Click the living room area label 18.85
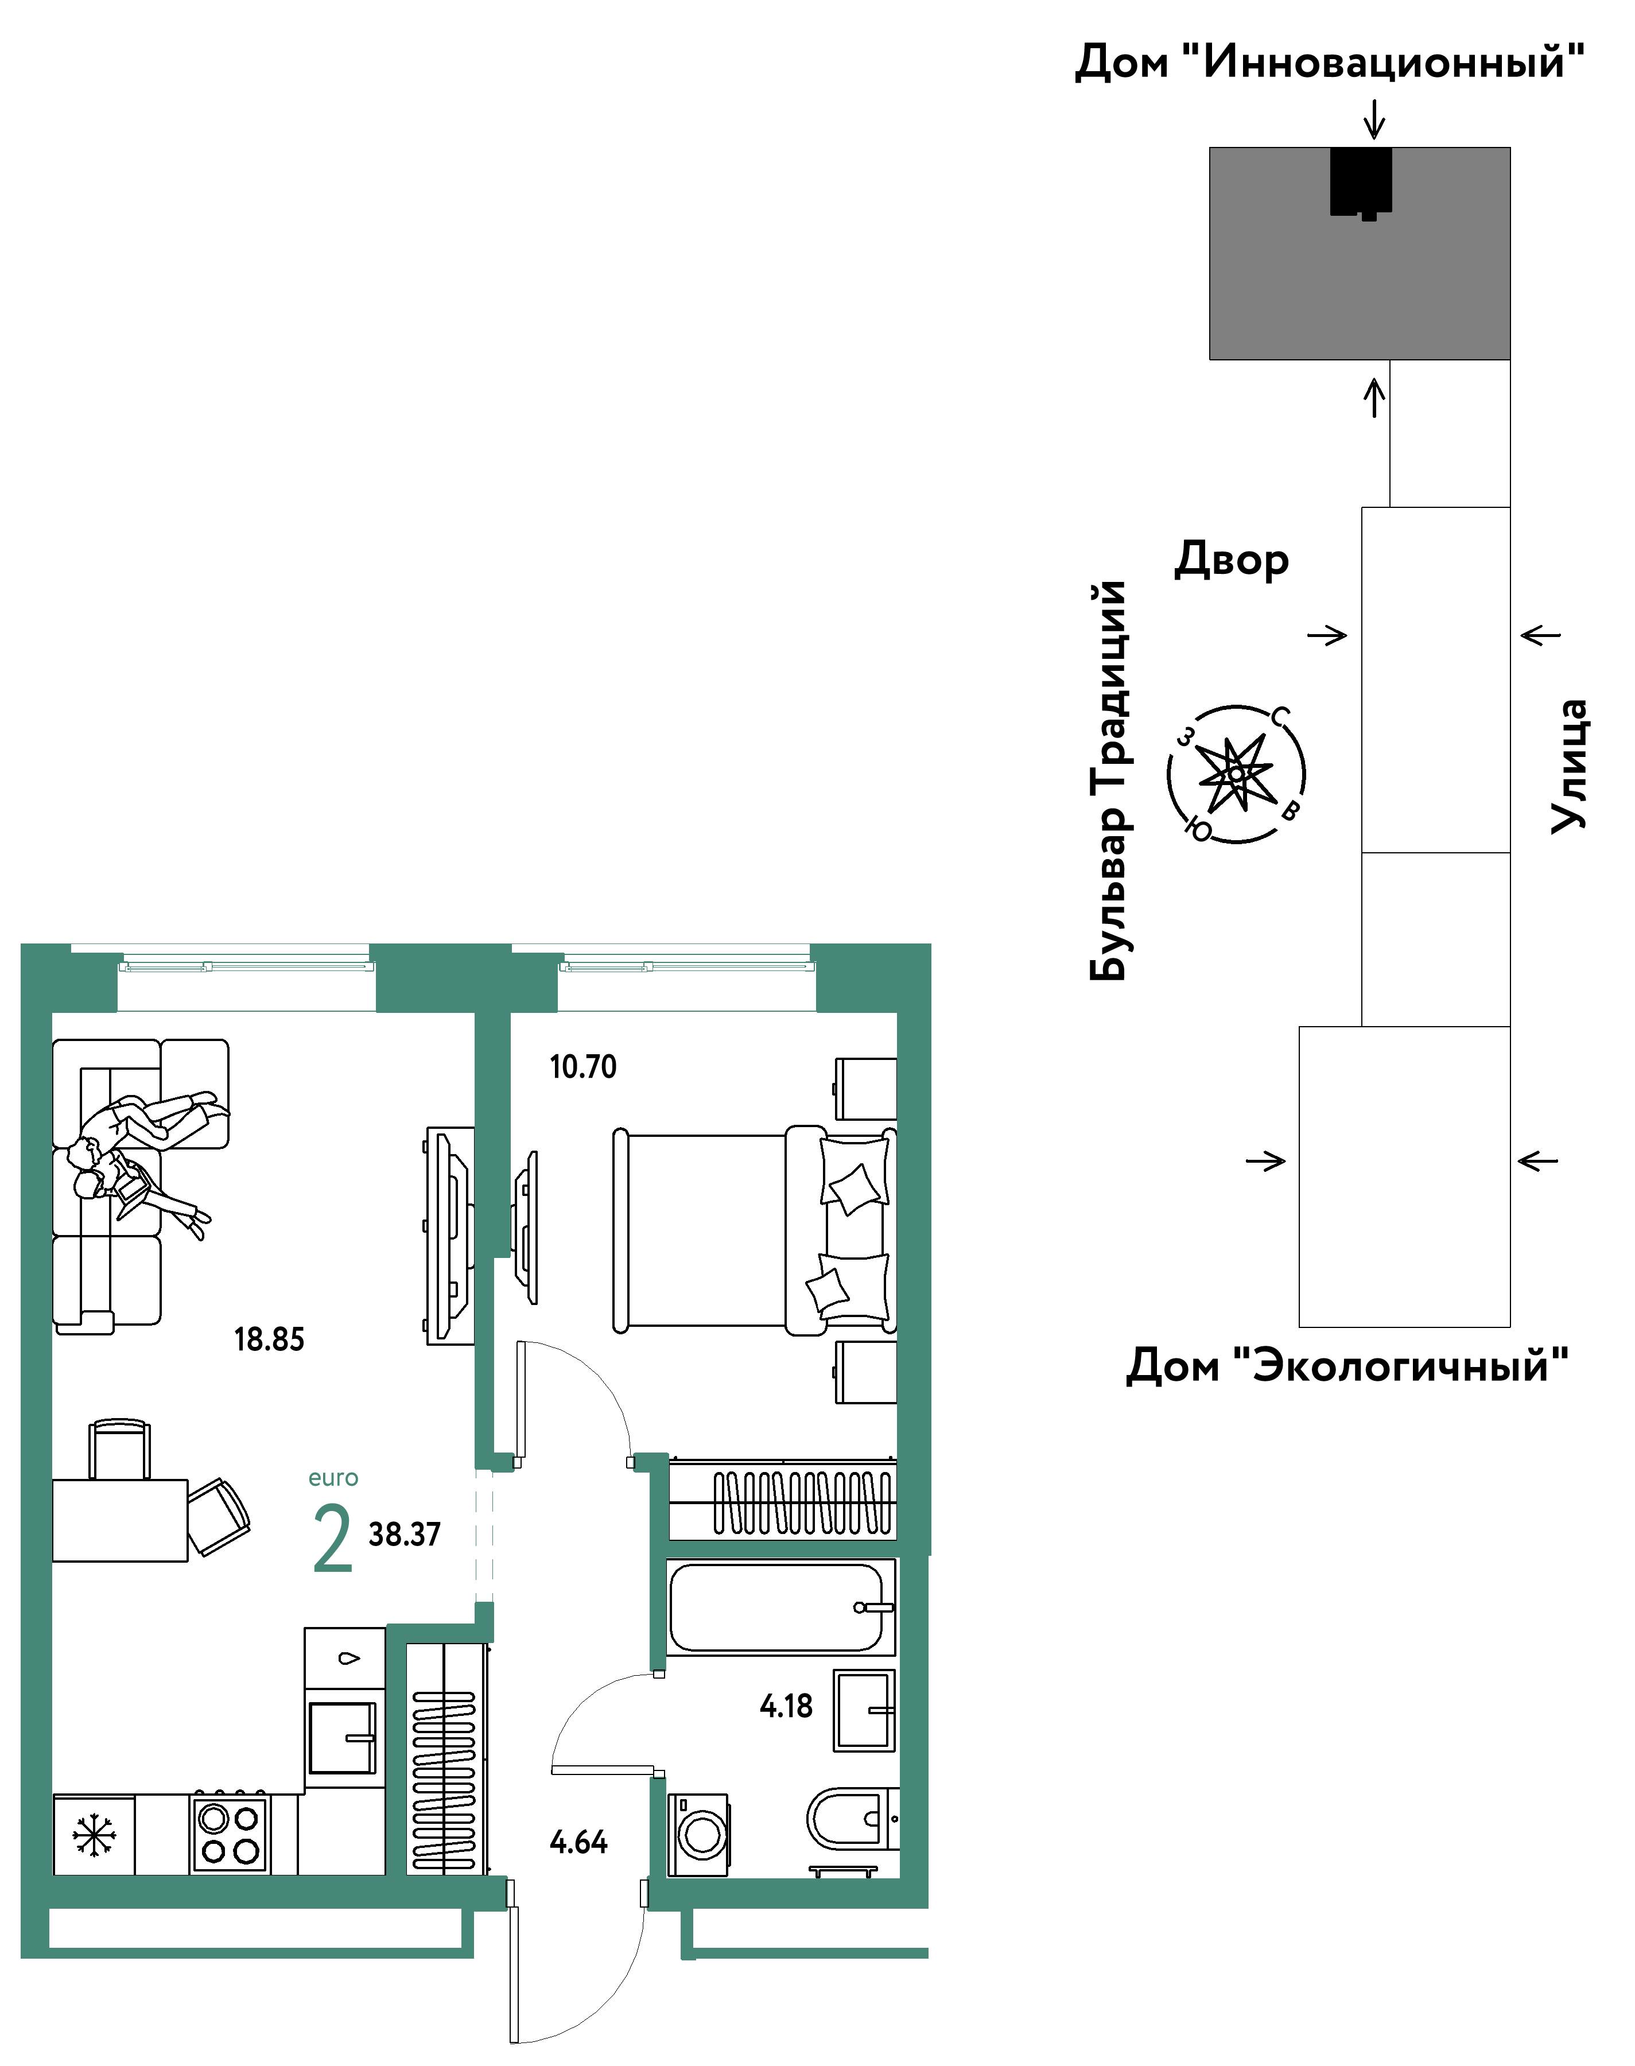269,1339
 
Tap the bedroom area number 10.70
583,1066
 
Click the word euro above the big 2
333,1477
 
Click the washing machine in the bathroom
698,1834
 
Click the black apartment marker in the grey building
1360,182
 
